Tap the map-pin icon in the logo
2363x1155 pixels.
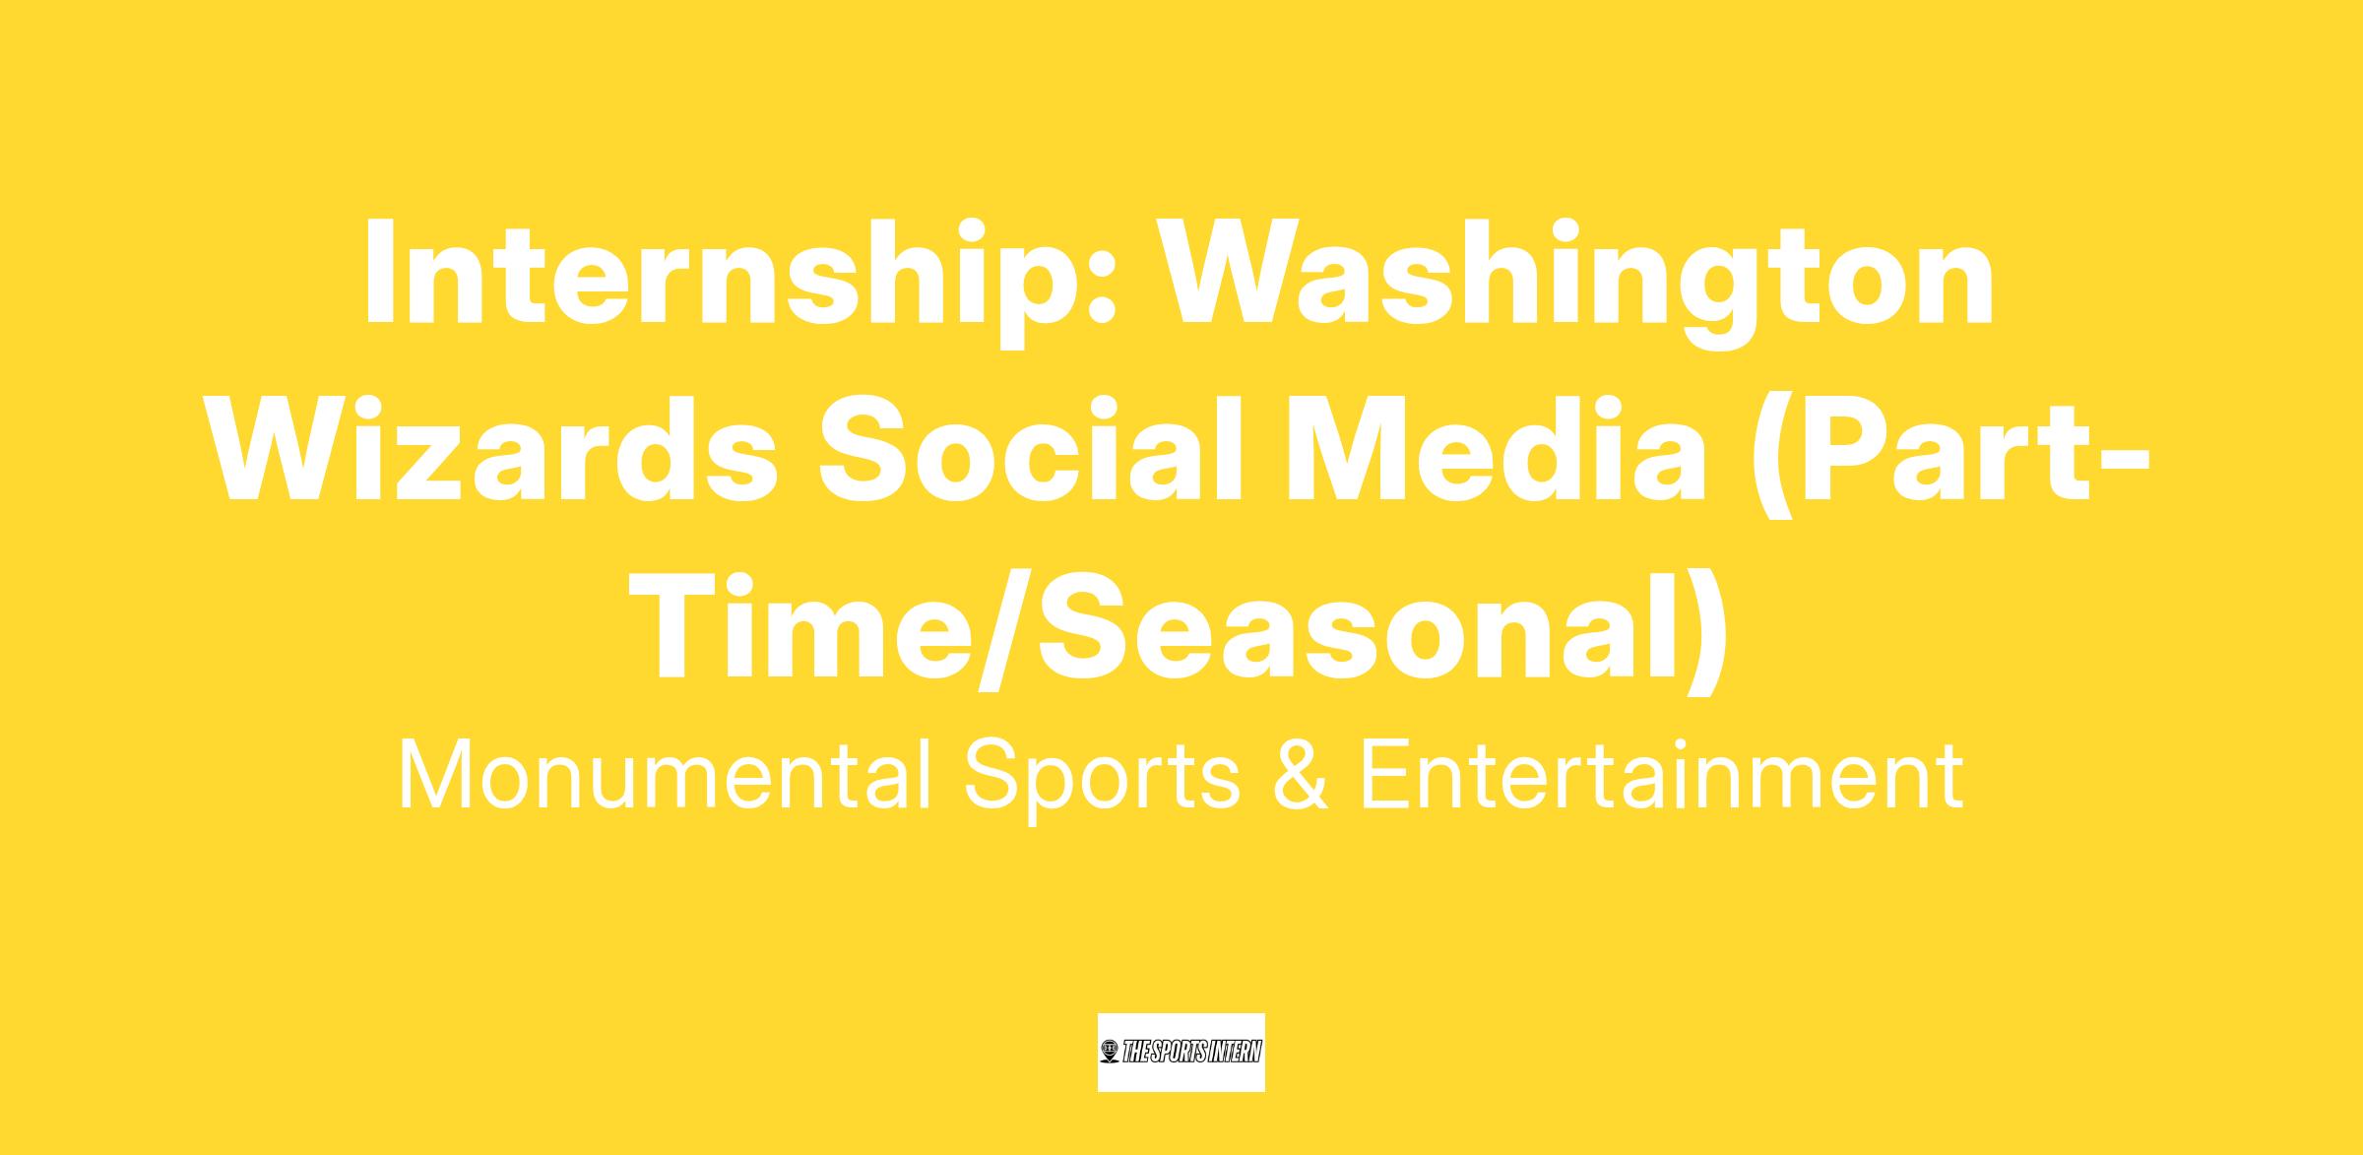[1111, 1053]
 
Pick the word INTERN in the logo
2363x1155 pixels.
[1232, 1053]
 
